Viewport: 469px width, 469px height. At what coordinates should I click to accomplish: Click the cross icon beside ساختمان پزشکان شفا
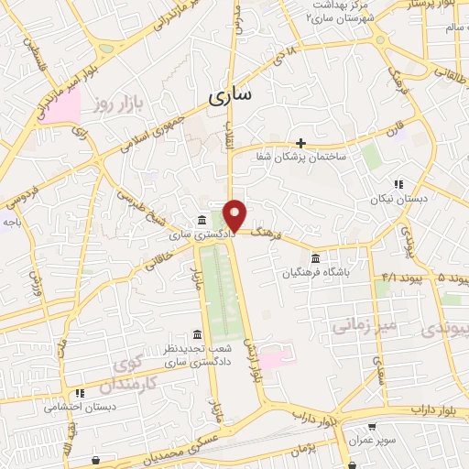[x=300, y=143]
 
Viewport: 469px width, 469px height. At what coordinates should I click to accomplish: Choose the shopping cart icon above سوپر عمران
[x=372, y=427]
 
